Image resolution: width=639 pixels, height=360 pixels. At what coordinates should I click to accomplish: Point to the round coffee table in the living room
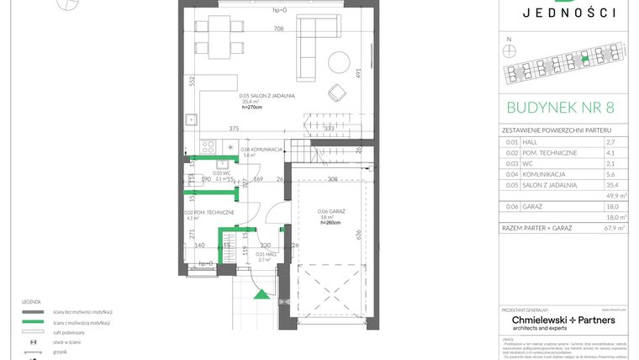[x=340, y=61]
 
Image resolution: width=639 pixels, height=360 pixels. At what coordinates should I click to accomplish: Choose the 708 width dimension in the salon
[x=277, y=29]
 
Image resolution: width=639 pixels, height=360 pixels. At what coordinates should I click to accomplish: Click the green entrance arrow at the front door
[x=263, y=294]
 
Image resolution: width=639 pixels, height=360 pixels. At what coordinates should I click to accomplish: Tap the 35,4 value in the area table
[x=611, y=183]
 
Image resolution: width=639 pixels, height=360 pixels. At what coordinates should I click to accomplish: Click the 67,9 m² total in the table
[x=613, y=227]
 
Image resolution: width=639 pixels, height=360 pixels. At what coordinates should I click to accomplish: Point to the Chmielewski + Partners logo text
[x=563, y=320]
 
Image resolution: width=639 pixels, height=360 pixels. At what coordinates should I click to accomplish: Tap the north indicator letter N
[x=508, y=40]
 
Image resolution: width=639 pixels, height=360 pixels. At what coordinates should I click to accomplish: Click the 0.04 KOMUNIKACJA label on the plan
[x=261, y=149]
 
